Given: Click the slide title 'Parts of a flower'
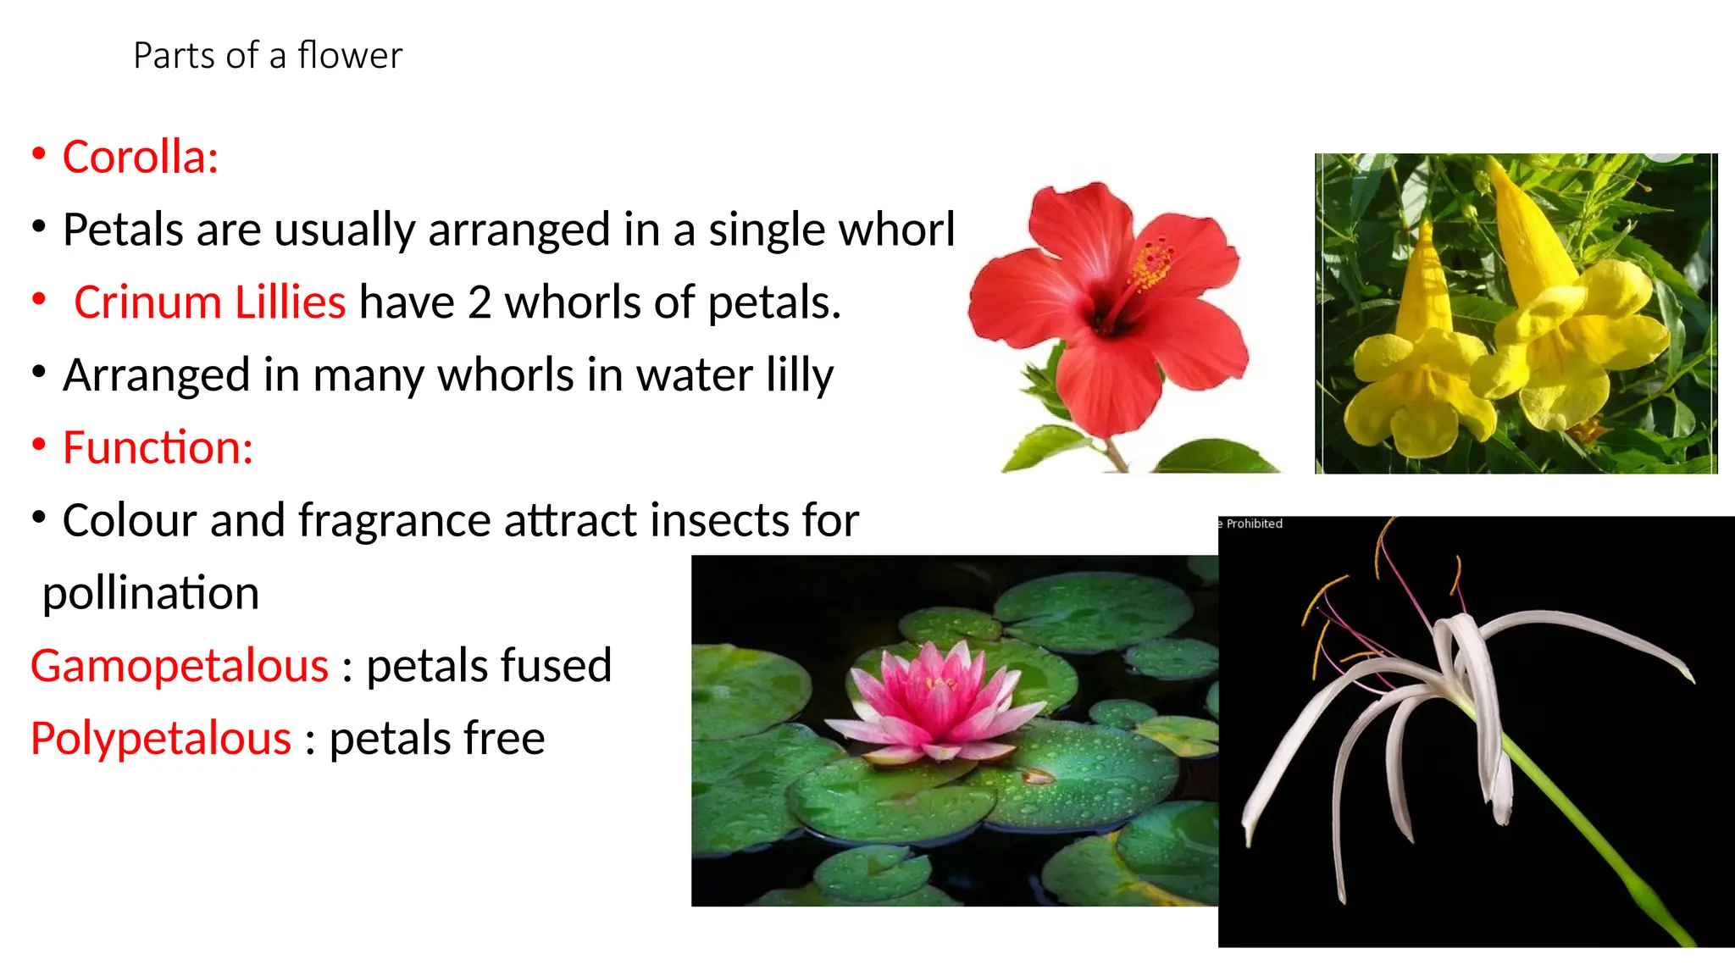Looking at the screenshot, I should point(268,56).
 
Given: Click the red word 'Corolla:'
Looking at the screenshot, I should point(141,158).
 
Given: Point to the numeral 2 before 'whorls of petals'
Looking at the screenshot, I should point(479,302).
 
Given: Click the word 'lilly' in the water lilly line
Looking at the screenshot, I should point(800,375).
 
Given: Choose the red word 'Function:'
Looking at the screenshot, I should point(158,447).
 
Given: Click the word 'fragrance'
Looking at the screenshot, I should point(395,520).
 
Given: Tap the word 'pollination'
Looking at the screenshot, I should point(151,593).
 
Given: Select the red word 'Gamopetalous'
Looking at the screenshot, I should point(180,666).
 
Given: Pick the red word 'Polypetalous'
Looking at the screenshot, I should point(161,739).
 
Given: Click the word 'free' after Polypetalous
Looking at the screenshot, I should point(503,739).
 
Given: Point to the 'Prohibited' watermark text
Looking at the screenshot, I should point(1254,524).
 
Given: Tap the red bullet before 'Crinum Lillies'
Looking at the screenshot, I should point(39,299).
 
